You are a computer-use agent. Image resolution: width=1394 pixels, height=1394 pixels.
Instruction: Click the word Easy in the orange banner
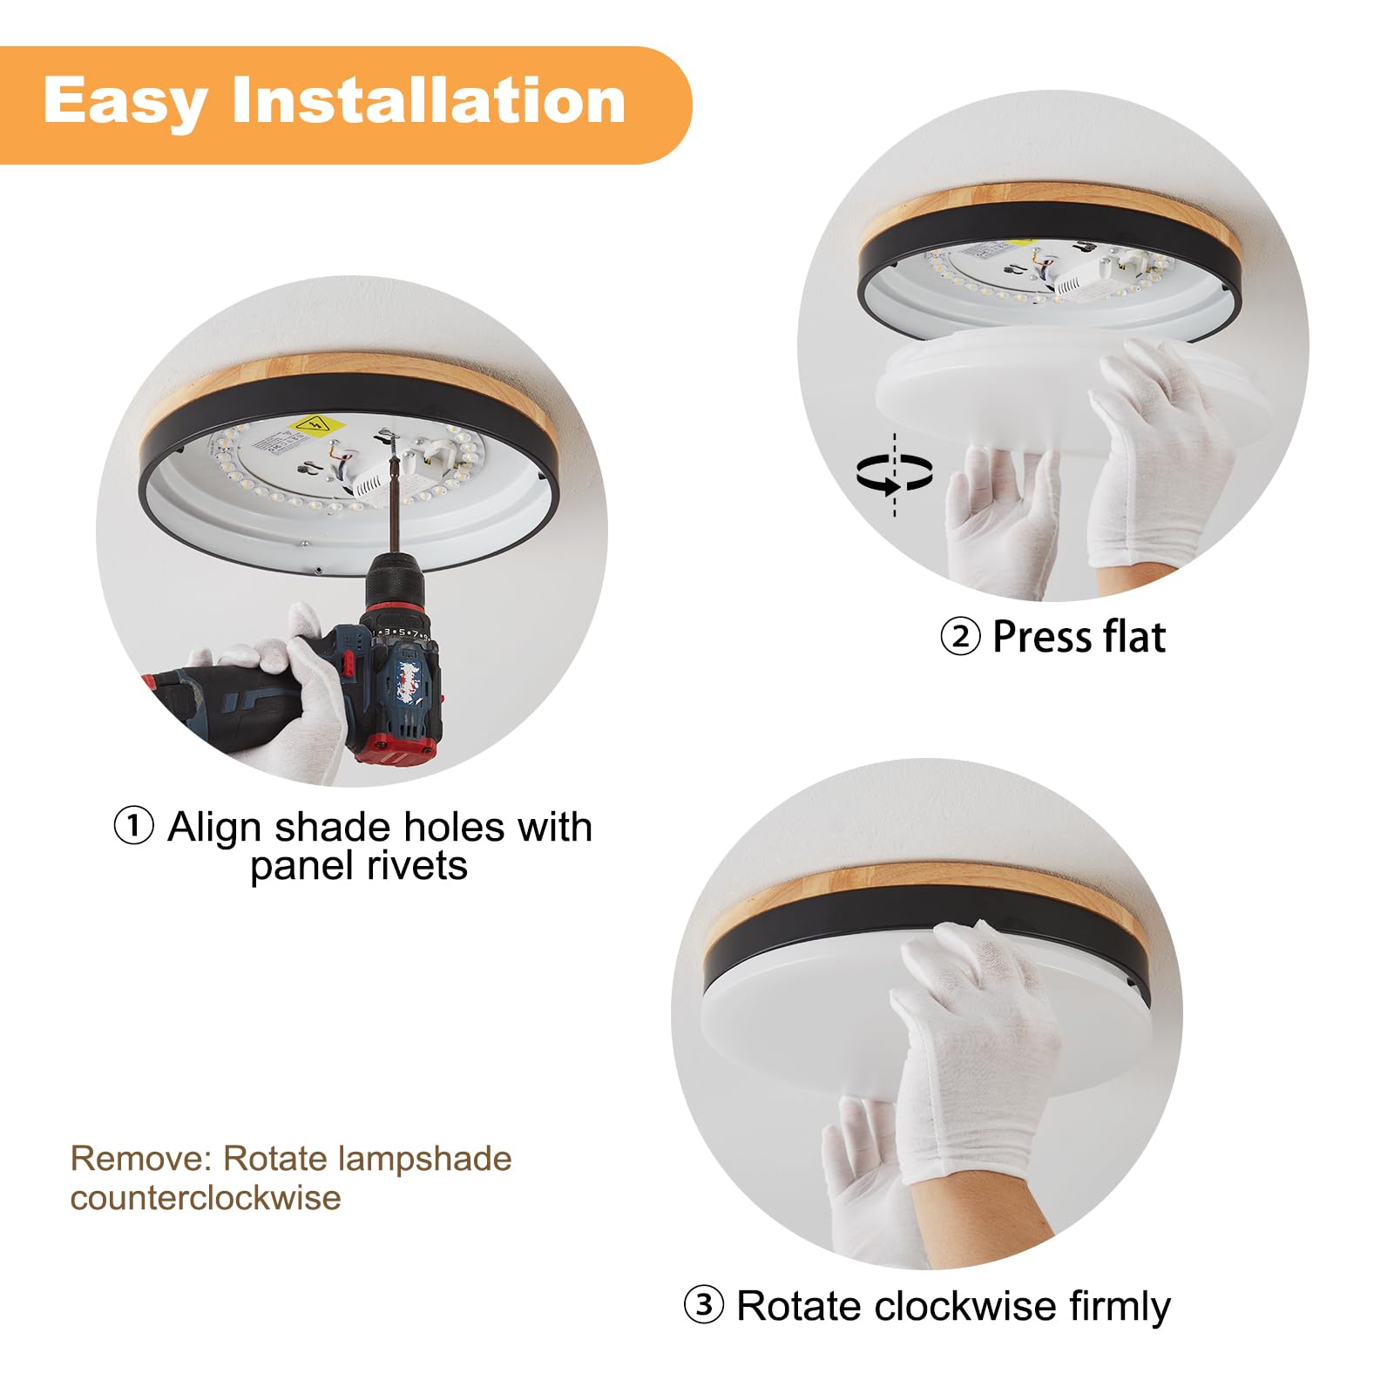coord(125,102)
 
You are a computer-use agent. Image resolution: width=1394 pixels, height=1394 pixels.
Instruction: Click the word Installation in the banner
coord(429,101)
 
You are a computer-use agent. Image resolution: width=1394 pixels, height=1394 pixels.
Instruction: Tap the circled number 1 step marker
coord(134,826)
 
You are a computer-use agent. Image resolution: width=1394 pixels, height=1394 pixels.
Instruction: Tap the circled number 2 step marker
coord(960,637)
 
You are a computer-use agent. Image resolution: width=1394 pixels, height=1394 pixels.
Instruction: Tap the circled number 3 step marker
coord(703,1304)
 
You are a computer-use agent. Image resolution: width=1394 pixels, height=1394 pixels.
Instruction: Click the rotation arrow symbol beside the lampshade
coord(894,474)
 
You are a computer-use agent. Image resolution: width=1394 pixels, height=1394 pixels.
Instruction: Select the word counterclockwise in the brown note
coord(206,1198)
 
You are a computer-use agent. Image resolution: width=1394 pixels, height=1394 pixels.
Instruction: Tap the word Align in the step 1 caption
coord(214,827)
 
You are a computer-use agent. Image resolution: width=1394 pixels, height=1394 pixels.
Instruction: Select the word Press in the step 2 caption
coord(1036,637)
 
